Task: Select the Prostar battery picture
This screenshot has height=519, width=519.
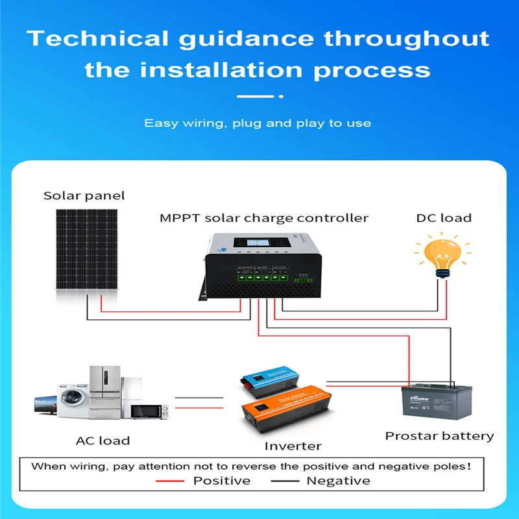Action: point(436,402)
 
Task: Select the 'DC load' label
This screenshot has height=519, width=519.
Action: point(444,218)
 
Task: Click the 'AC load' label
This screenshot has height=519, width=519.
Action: point(103,441)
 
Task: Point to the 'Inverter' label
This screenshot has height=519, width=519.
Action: point(293,446)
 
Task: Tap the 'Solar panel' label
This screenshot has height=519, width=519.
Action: point(84,195)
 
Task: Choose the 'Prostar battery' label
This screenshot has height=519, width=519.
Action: point(439,436)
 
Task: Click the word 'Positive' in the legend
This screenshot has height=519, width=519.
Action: point(221,481)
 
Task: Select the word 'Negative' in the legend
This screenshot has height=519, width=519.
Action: point(338,481)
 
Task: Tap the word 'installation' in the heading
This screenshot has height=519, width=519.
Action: point(223,69)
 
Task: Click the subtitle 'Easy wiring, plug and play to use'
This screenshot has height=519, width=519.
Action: point(258,123)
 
